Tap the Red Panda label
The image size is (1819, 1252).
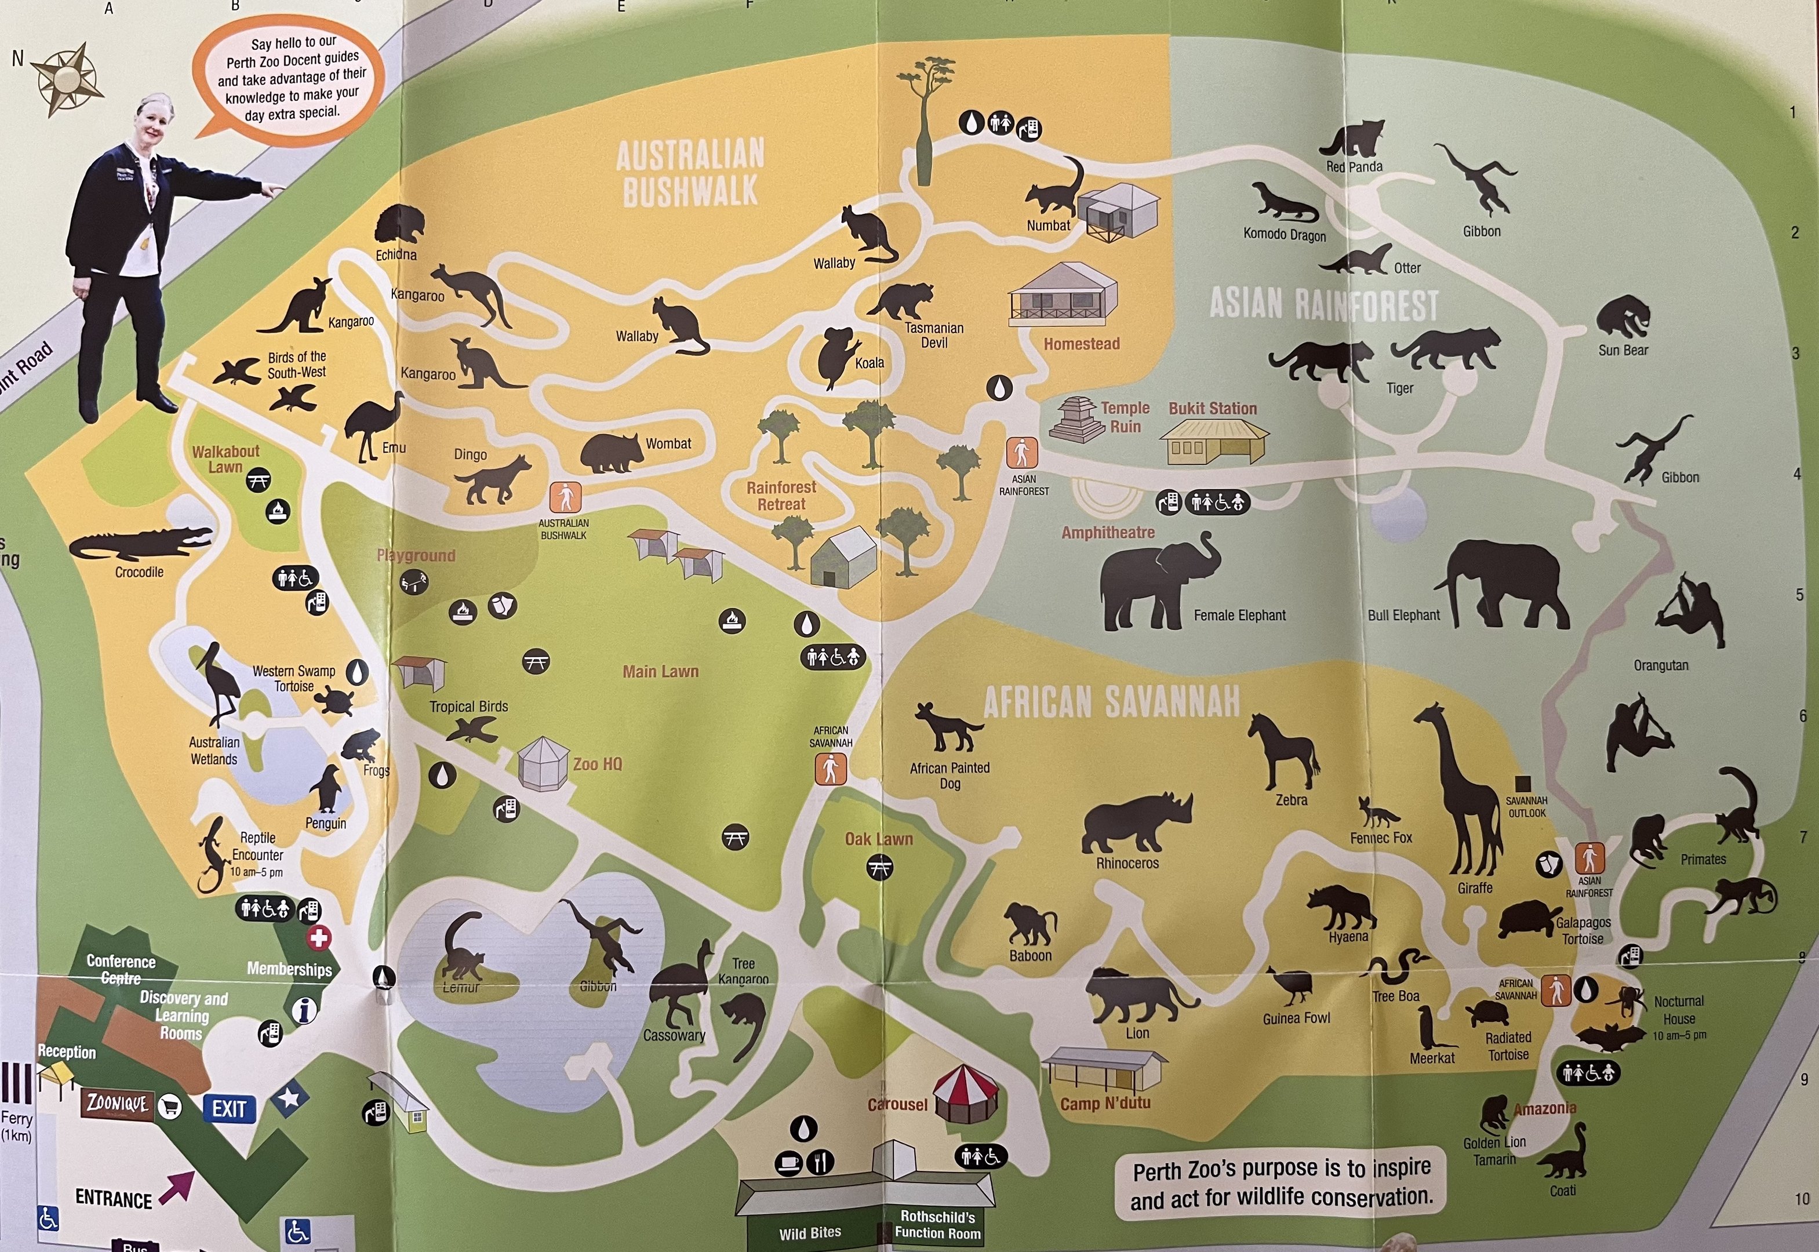pyautogui.click(x=1354, y=167)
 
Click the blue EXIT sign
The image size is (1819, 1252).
pyautogui.click(x=229, y=1108)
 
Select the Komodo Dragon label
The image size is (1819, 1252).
pyautogui.click(x=1284, y=235)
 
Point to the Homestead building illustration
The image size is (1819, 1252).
pyautogui.click(x=1063, y=294)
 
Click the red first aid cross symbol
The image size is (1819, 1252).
pyautogui.click(x=318, y=937)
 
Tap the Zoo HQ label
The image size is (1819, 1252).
pyautogui.click(x=597, y=764)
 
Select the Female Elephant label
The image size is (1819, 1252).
pyautogui.click(x=1239, y=616)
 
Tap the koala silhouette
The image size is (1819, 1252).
pyautogui.click(x=836, y=358)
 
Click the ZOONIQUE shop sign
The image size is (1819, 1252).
pyautogui.click(x=117, y=1104)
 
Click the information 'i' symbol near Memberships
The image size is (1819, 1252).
pyautogui.click(x=304, y=1010)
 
